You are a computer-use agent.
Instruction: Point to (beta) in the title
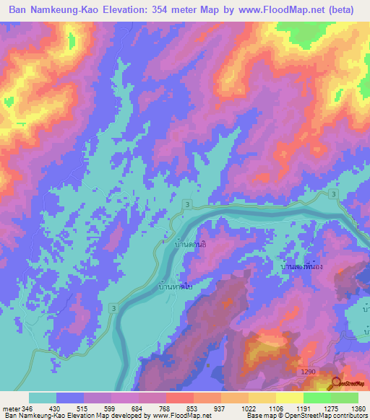tap(343, 11)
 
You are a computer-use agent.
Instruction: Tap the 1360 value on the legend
tap(348, 408)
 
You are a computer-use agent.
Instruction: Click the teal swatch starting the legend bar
tap(42, 398)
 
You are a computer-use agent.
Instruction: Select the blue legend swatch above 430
tap(70, 398)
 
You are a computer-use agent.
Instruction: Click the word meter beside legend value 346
tap(12, 408)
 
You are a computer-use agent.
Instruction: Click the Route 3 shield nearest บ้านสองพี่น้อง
tap(332, 195)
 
